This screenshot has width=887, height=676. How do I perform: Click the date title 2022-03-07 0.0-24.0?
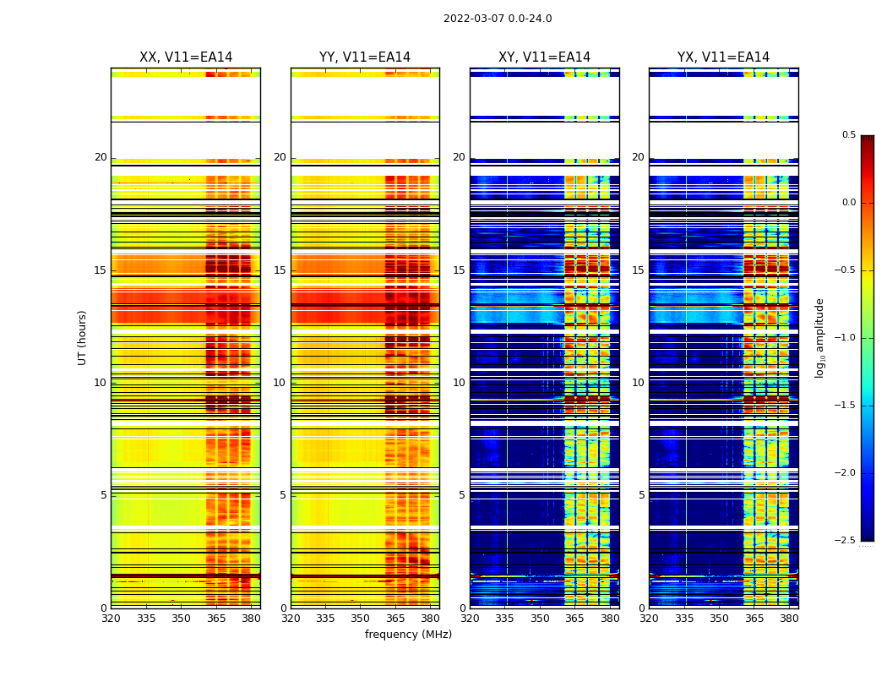coord(498,19)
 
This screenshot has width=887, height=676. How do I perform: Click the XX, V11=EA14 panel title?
coord(186,57)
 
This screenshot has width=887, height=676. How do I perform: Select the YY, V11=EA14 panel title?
coord(365,57)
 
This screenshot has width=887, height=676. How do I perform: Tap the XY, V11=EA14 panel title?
coord(544,57)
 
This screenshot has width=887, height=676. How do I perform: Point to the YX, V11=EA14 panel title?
coord(723,57)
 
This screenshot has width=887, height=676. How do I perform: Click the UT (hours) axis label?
coord(83,337)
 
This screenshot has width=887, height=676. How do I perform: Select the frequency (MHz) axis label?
coord(408,635)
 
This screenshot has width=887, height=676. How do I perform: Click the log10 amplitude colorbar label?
coord(819,337)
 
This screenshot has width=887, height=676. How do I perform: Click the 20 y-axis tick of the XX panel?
coord(101,157)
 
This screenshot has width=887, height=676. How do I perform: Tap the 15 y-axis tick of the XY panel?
coord(459,270)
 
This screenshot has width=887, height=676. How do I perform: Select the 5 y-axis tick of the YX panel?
coord(641,495)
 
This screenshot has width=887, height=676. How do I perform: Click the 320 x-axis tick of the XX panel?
coord(111,618)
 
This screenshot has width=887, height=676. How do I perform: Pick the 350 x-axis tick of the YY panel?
coord(360,618)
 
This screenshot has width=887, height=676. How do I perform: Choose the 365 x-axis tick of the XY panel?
coord(574,618)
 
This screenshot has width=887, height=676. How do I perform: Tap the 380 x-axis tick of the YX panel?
coord(789,618)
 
